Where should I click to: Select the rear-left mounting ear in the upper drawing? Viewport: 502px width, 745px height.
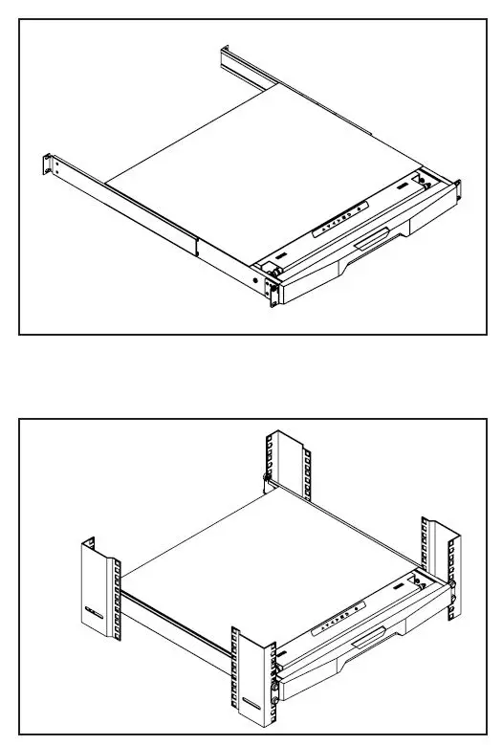pyautogui.click(x=49, y=164)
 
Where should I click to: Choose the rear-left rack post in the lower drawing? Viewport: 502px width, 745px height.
pyautogui.click(x=98, y=588)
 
